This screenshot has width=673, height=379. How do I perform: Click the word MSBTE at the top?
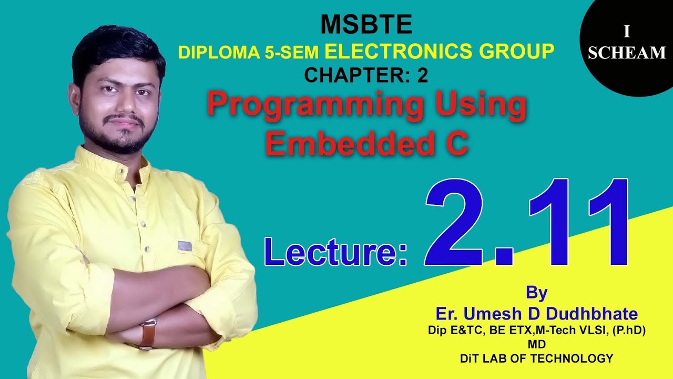coord(366,24)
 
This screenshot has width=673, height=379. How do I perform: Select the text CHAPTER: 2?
coord(366,76)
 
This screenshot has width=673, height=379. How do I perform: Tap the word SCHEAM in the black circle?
coord(627,53)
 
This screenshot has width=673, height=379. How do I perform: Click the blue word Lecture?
coord(336,252)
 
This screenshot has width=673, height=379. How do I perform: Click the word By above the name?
coord(536,292)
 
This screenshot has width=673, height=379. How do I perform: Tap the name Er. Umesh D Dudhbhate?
coord(536,314)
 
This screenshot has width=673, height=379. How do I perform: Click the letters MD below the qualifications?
coord(536,344)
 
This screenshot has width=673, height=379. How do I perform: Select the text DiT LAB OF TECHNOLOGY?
coord(536,358)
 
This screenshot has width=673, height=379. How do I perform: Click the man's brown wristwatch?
coord(148,334)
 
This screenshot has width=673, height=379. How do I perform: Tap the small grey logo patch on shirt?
coord(185,246)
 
